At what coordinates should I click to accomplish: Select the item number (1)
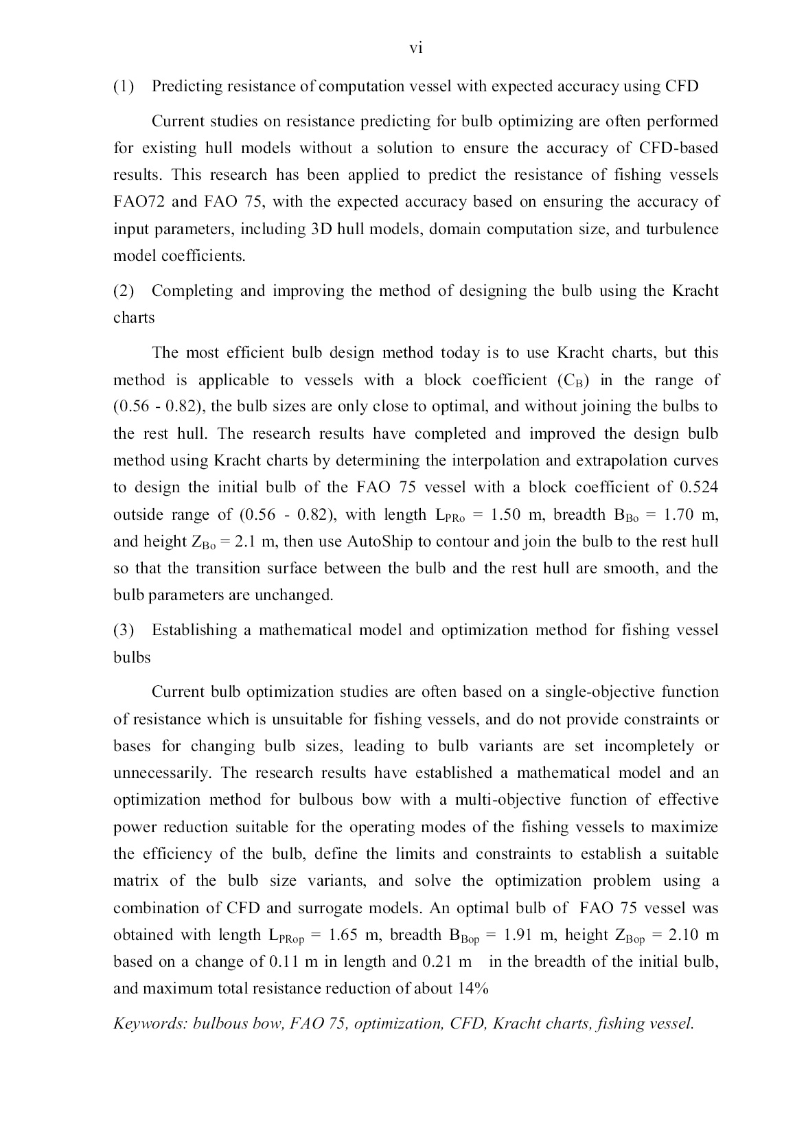[x=124, y=87]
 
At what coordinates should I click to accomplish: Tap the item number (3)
[x=124, y=630]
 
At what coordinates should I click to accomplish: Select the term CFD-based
[x=678, y=148]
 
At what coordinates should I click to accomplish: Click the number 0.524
[x=698, y=488]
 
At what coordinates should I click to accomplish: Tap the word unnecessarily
[x=163, y=773]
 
